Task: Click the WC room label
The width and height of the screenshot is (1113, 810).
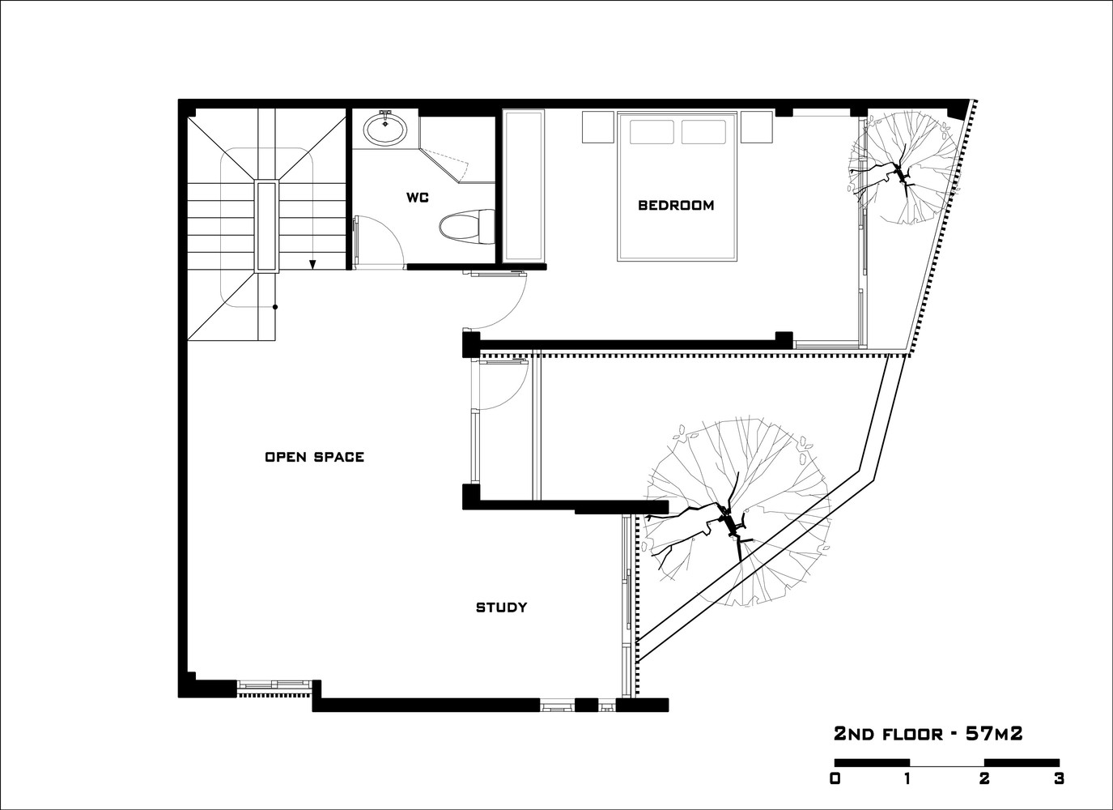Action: pyautogui.click(x=418, y=198)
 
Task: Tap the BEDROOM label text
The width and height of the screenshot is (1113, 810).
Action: pyautogui.click(x=676, y=205)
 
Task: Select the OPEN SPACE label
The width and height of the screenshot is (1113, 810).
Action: pyautogui.click(x=315, y=457)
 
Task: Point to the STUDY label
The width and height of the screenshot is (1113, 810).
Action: pyautogui.click(x=501, y=607)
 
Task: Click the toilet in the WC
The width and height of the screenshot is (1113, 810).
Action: pyautogui.click(x=467, y=227)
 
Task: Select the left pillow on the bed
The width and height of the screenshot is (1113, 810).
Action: pyautogui.click(x=652, y=132)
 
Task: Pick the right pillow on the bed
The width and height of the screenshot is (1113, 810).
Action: pyautogui.click(x=703, y=132)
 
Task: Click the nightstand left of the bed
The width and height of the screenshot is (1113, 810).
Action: pyautogui.click(x=598, y=127)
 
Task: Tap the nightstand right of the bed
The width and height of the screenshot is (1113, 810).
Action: pyautogui.click(x=757, y=127)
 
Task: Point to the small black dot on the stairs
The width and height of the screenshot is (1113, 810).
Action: pyautogui.click(x=275, y=307)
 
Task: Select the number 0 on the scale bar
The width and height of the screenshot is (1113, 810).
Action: pyautogui.click(x=835, y=778)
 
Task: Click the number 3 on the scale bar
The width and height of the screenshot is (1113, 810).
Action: pyautogui.click(x=1059, y=778)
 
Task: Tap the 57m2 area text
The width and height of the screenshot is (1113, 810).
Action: pyautogui.click(x=994, y=734)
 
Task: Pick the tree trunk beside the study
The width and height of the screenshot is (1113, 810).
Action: pyautogui.click(x=729, y=525)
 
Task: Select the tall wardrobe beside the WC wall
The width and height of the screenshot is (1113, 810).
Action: pyautogui.click(x=524, y=186)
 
